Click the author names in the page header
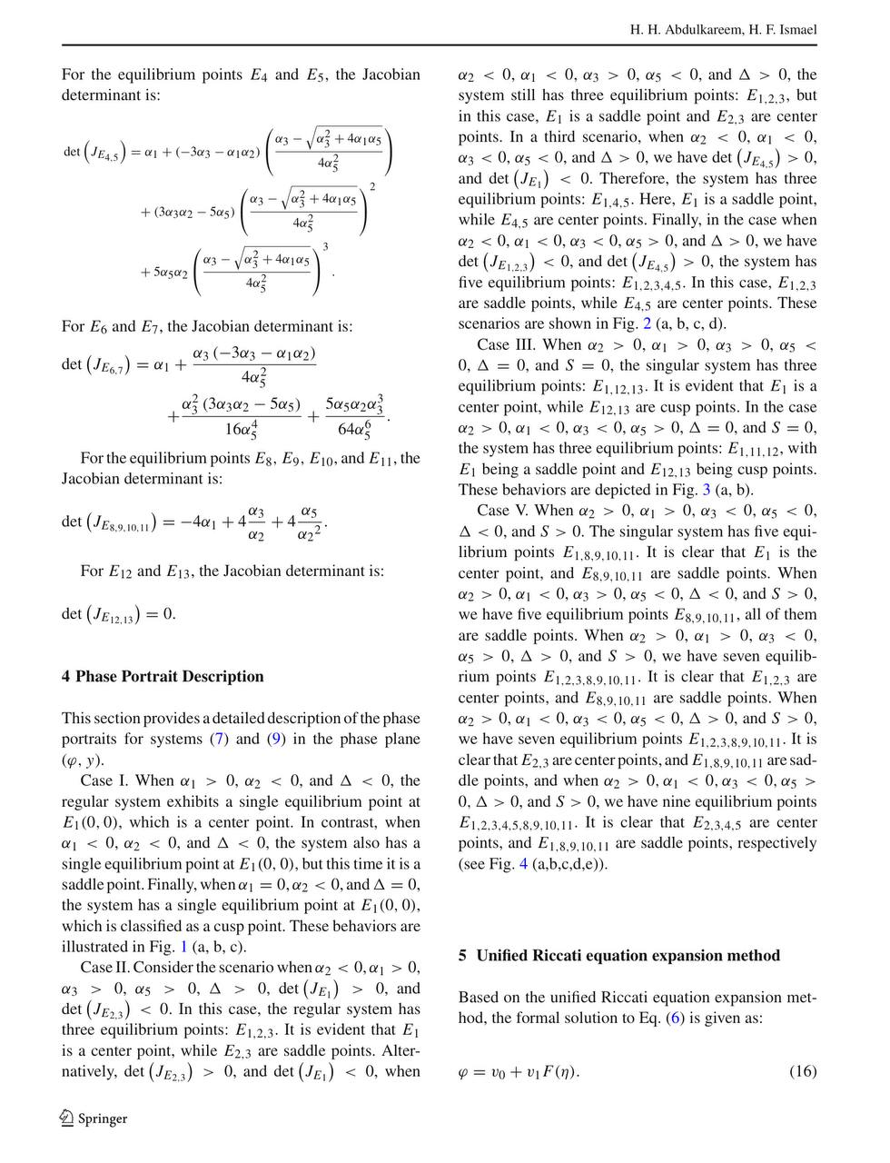(723, 30)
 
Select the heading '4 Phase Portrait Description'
(163, 676)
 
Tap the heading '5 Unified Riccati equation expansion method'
(618, 955)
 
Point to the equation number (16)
(803, 1070)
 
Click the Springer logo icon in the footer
(67, 1118)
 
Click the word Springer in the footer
(102, 1118)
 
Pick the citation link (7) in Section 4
(218, 739)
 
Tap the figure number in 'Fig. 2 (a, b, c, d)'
(647, 323)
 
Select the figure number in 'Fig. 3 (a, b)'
(707, 490)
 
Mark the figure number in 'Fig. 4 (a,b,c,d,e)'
(523, 863)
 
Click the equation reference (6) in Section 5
(675, 1018)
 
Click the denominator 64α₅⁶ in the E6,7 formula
(354, 429)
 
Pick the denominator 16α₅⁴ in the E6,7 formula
(241, 429)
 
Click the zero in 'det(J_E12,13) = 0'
(169, 614)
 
